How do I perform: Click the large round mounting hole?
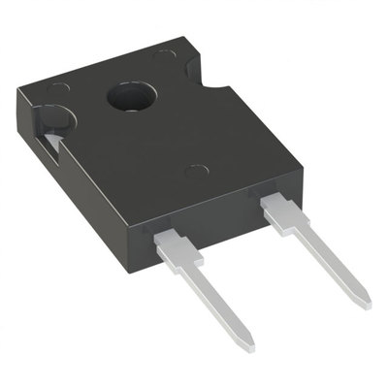click(127, 96)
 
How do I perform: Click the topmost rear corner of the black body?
click(182, 39)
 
